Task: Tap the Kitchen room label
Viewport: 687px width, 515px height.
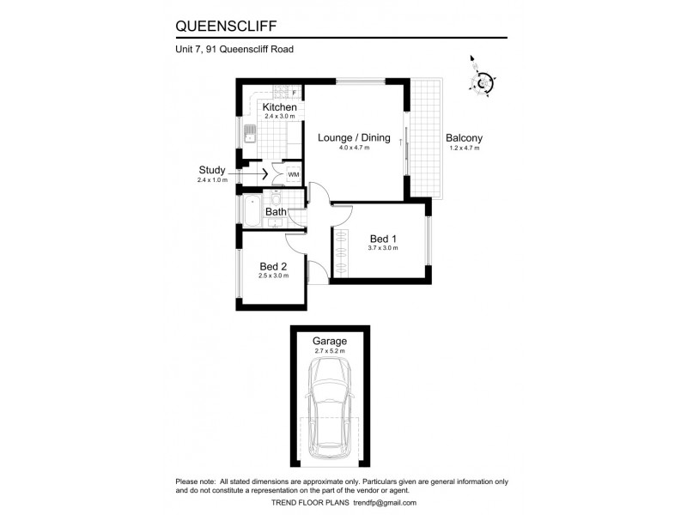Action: click(280, 107)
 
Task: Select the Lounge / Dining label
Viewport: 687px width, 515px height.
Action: click(354, 137)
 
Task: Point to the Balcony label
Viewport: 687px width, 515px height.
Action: click(464, 137)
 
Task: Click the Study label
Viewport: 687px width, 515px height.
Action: click(211, 170)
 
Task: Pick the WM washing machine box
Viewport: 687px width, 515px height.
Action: click(294, 175)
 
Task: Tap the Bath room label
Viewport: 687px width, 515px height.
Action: click(276, 211)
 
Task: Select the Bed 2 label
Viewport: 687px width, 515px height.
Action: click(274, 266)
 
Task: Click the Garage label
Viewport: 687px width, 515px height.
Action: click(330, 341)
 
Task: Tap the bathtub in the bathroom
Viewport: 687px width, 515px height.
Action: click(252, 211)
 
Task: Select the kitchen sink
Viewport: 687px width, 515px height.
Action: click(251, 135)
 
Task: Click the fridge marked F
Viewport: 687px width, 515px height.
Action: click(294, 92)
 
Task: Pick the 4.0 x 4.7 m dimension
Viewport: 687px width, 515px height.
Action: click(354, 148)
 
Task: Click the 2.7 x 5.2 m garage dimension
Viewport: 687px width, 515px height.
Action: click(330, 351)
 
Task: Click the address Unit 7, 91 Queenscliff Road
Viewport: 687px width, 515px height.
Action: click(234, 50)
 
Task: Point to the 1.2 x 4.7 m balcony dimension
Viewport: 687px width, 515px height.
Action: click(464, 148)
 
